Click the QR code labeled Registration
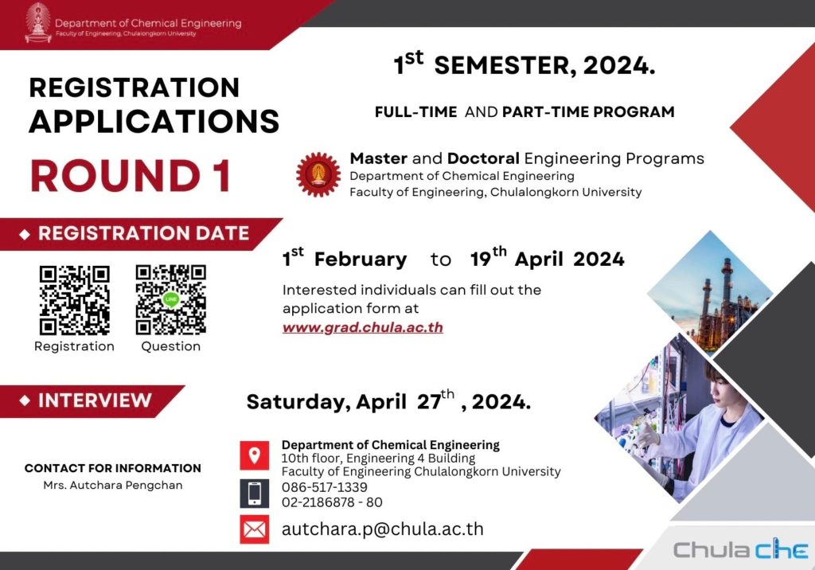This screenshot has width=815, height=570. click(74, 300)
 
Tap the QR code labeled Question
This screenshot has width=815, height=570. click(170, 299)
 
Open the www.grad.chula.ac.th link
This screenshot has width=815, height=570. click(363, 328)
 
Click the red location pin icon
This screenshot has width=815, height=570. click(254, 455)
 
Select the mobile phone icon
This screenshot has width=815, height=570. click(254, 493)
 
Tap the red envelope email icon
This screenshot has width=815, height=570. click(254, 529)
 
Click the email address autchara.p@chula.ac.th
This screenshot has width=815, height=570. click(383, 529)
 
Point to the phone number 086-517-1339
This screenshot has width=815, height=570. click(325, 487)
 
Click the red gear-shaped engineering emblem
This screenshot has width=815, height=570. click(318, 175)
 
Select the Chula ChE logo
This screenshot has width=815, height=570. click(741, 549)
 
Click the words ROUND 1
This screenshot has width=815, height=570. click(131, 176)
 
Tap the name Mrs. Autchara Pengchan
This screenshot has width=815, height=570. click(113, 486)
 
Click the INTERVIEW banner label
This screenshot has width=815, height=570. click(95, 400)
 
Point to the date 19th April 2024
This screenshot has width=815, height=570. click(548, 257)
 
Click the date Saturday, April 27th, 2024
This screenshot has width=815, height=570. click(388, 400)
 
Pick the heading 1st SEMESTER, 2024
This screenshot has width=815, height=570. click(524, 64)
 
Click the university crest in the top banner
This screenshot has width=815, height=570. click(38, 22)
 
